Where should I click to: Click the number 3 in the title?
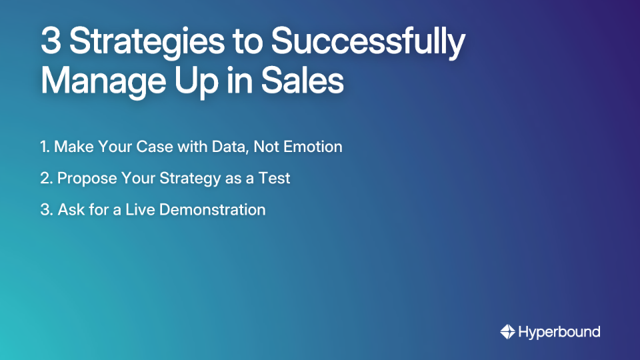pos(51,43)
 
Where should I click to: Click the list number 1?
pos(44,147)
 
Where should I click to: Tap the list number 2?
pos(45,178)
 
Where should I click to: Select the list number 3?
pos(45,209)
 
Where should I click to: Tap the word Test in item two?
pos(276,178)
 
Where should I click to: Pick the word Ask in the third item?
pos(70,209)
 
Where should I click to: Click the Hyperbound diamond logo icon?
pos(507,331)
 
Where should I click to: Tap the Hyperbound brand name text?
pos(559,332)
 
